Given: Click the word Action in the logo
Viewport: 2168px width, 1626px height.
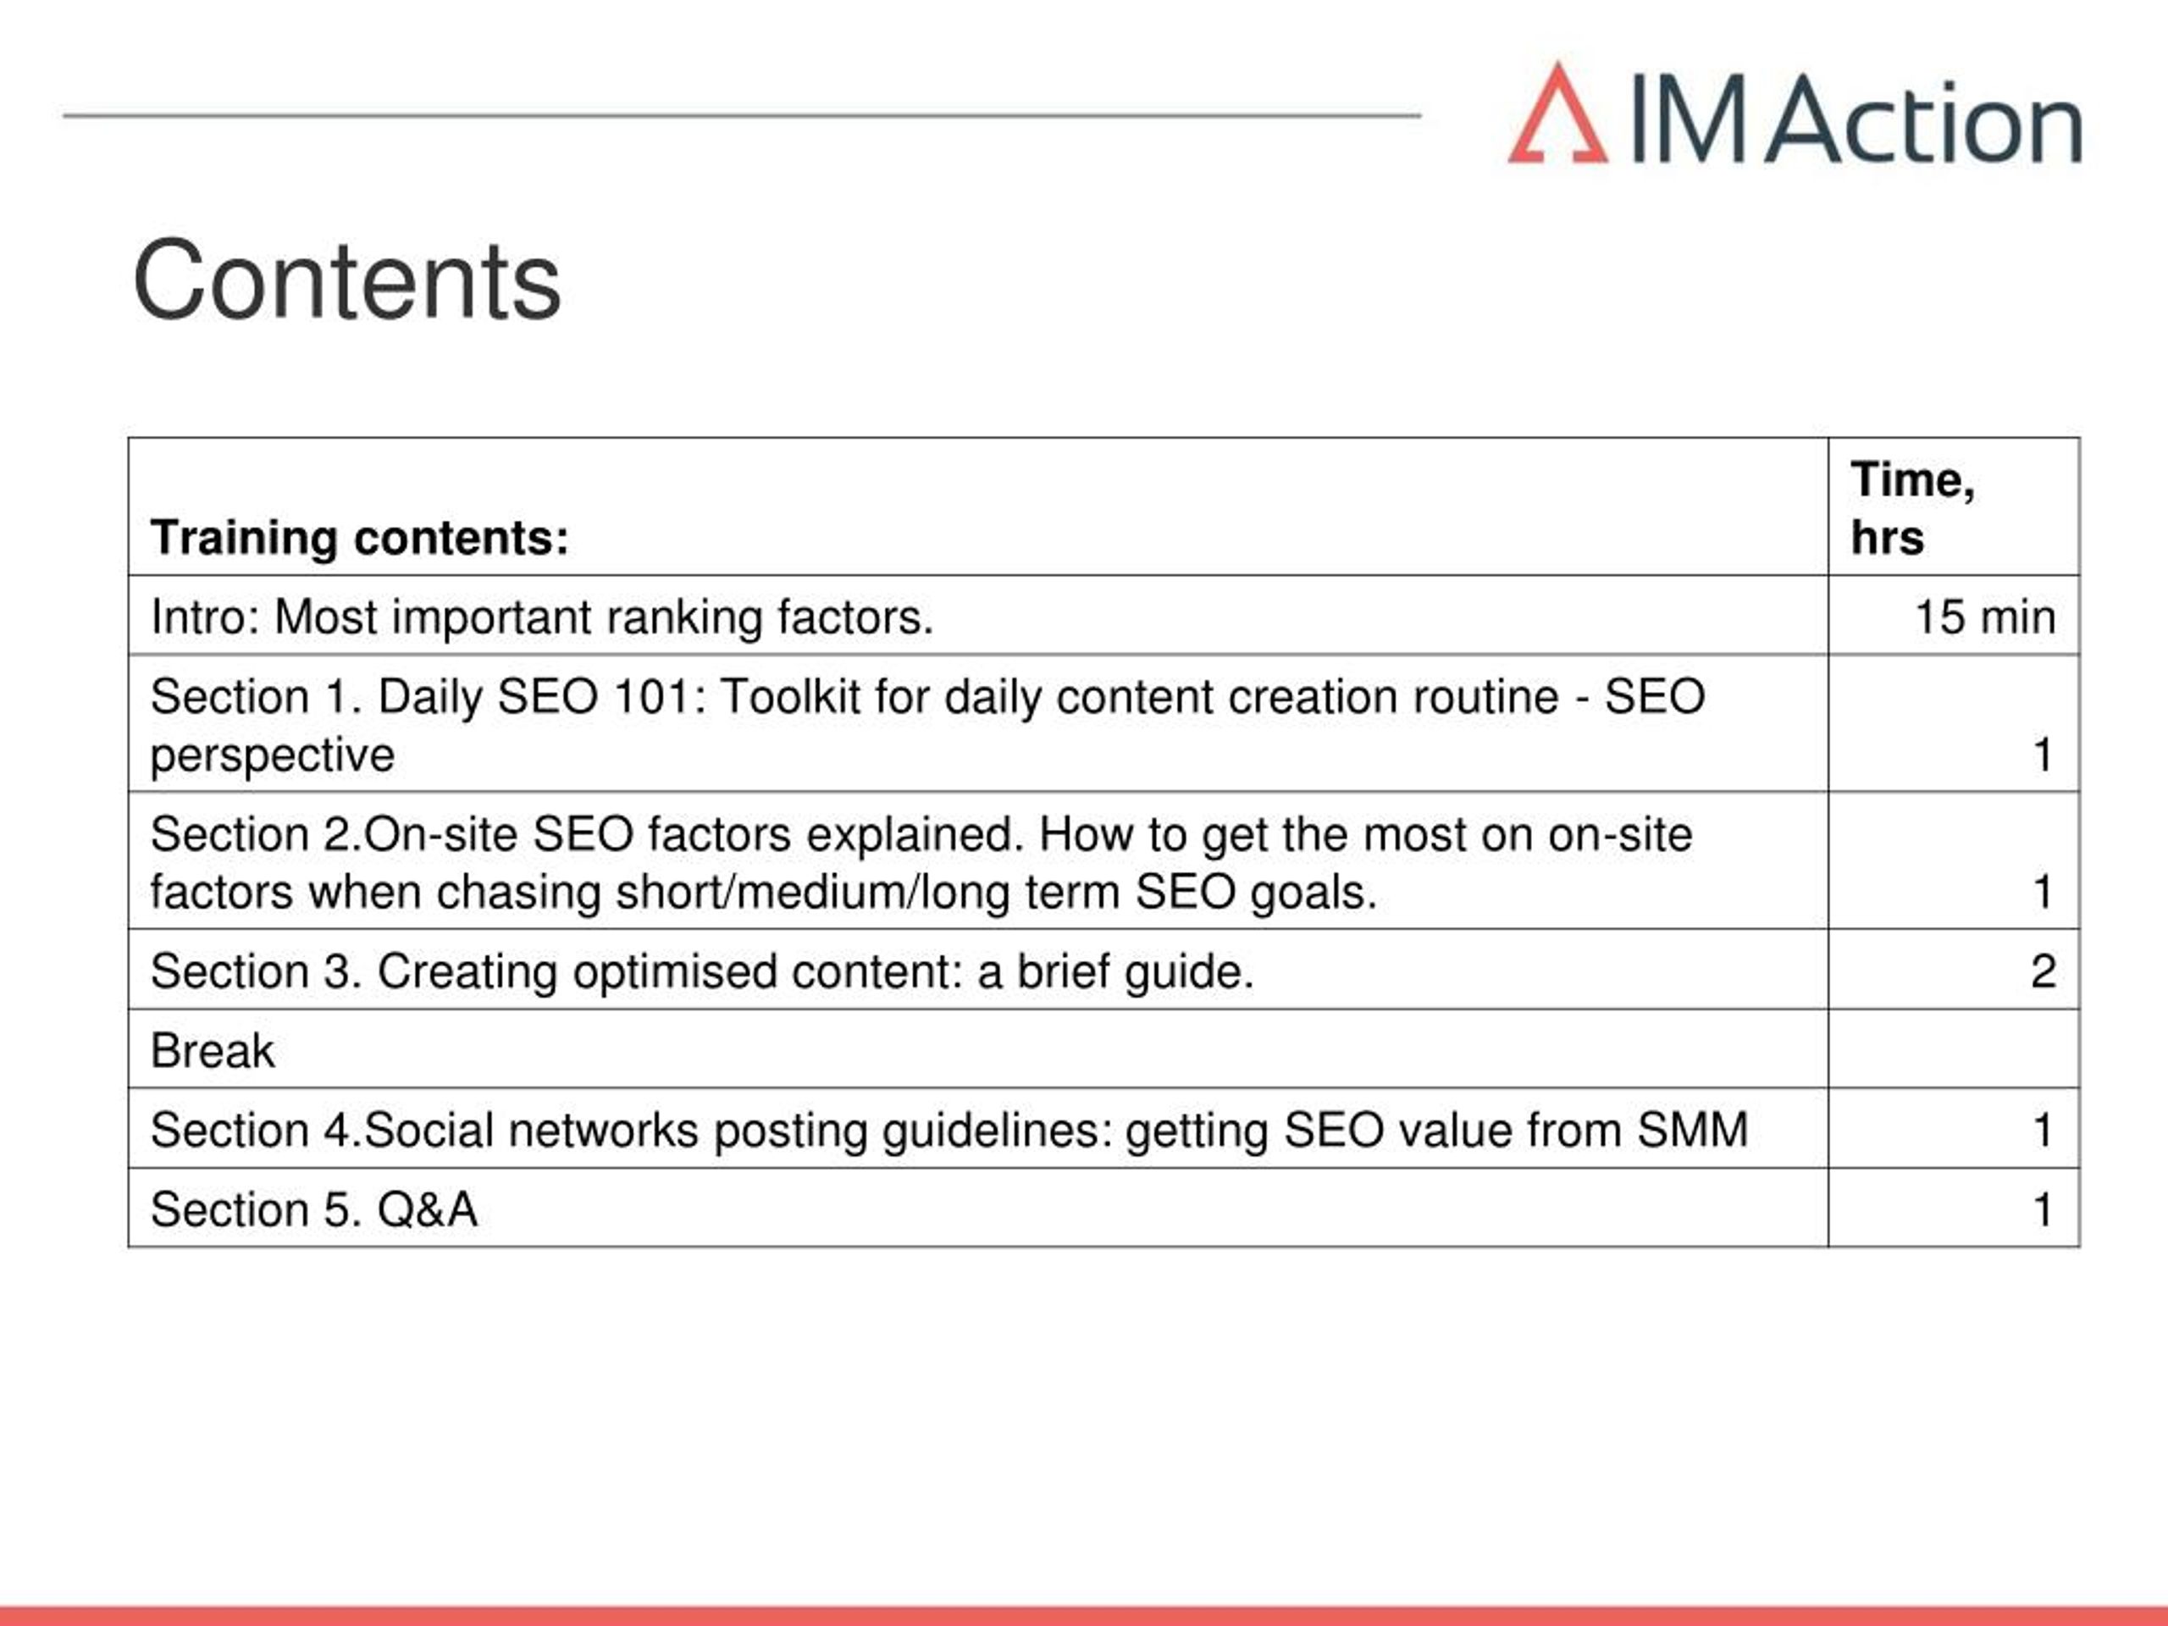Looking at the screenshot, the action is tap(1924, 119).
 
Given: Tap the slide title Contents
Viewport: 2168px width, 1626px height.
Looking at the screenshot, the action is tap(347, 281).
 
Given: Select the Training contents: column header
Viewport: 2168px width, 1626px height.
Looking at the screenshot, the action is tap(360, 537).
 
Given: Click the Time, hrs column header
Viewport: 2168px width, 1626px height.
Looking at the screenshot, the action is tap(1912, 507).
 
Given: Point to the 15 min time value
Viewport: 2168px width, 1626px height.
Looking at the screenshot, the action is tap(1985, 617).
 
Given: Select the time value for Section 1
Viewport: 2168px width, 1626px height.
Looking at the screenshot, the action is tap(2044, 755).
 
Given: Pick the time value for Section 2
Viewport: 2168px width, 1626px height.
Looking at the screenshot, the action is tap(2044, 892).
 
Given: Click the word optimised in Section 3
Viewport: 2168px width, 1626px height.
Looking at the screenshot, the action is tap(674, 972).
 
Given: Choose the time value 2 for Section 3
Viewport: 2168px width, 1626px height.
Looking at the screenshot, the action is tap(2044, 971).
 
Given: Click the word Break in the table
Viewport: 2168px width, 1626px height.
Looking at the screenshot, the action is tap(213, 1051).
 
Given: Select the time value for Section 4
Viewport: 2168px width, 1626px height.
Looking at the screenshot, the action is tap(2044, 1130).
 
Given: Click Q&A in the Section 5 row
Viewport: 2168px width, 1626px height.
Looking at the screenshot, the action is tap(428, 1209).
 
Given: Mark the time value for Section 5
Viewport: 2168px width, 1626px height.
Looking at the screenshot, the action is tap(2044, 1209).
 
